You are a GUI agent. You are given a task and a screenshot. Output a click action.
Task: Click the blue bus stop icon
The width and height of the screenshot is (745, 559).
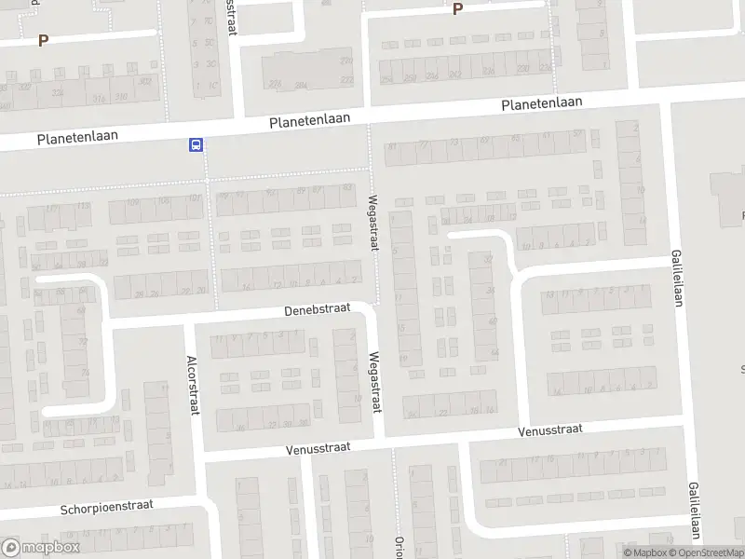click(x=196, y=144)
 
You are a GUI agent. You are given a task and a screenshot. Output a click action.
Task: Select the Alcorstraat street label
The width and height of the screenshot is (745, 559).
click(x=193, y=386)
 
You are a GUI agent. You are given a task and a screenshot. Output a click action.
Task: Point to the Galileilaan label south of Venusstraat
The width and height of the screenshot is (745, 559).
click(x=694, y=511)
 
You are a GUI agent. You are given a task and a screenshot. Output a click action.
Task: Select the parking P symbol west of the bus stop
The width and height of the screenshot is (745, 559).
click(x=42, y=40)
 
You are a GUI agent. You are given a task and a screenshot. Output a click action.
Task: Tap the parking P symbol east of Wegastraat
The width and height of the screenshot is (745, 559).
click(x=457, y=9)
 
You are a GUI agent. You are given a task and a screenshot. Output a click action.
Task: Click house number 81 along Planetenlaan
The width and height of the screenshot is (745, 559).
click(x=392, y=145)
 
